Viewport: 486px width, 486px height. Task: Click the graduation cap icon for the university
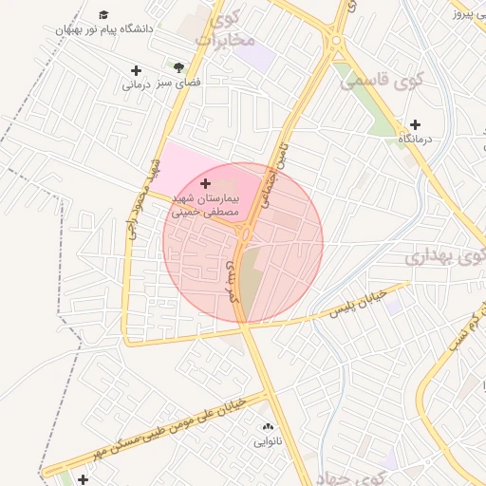pos(103,15)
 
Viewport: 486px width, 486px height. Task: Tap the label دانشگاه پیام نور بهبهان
pos(103,29)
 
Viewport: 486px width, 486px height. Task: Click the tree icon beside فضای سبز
pos(178,67)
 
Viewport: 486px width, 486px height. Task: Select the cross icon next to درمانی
pos(136,71)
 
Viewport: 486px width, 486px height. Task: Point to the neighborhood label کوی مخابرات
pos(226,29)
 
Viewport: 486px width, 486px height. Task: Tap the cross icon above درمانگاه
pos(415,124)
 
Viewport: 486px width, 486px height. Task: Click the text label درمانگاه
pos(415,140)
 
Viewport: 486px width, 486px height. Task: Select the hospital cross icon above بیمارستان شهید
pos(206,181)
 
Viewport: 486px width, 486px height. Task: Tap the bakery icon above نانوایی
pos(267,427)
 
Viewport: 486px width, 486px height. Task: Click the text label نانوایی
pos(267,442)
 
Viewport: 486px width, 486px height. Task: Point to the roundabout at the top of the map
pos(335,39)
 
